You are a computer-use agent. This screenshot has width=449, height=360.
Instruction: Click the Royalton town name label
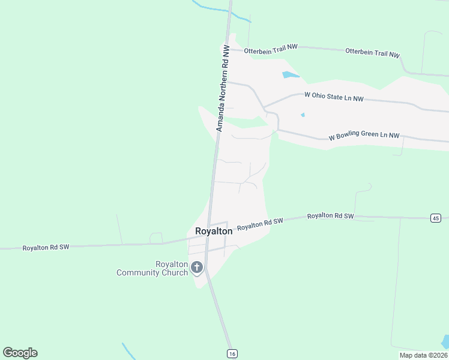point(214,231)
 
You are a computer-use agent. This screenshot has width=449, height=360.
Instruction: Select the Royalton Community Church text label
point(153,269)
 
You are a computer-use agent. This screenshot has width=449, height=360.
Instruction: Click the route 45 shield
point(435,218)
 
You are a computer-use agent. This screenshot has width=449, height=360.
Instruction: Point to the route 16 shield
point(232,354)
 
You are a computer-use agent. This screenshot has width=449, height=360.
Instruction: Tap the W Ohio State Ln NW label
point(334,97)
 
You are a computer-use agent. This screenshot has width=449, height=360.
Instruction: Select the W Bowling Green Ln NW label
point(364,136)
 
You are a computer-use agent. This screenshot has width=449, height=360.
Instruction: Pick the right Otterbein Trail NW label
point(372,53)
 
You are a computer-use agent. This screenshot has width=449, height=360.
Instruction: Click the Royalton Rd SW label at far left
point(46,247)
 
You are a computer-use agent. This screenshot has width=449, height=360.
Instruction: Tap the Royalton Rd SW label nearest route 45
point(330,216)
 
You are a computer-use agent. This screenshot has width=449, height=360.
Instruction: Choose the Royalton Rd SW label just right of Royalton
point(260,224)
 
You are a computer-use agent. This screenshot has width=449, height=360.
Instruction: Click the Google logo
point(20,353)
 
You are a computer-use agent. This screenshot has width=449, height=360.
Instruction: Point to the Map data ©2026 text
point(423,355)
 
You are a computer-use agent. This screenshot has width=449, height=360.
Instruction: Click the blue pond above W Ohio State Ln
point(289,75)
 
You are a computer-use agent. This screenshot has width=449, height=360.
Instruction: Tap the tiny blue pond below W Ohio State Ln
point(303,115)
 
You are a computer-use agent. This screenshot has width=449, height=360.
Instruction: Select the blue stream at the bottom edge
point(130,352)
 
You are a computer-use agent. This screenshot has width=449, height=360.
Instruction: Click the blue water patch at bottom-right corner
point(445,342)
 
